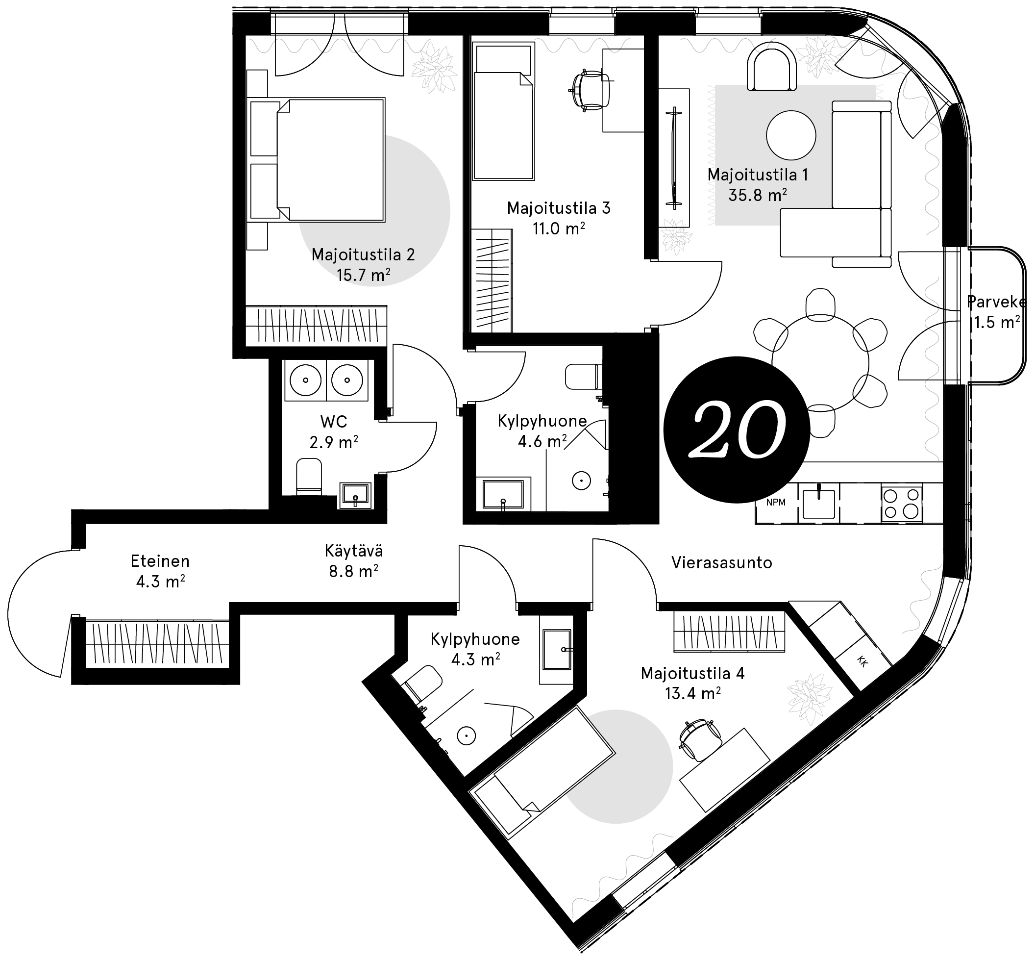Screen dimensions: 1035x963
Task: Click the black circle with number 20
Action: pyautogui.click(x=736, y=430)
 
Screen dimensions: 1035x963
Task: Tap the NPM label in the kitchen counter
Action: pyautogui.click(x=776, y=503)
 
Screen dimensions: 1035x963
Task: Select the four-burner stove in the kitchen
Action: pyautogui.click(x=902, y=504)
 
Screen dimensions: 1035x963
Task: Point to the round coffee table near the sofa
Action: pyautogui.click(x=791, y=135)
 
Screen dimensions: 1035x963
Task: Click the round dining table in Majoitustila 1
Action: pyautogui.click(x=820, y=363)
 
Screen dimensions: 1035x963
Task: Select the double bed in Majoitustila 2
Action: pyautogui.click(x=318, y=160)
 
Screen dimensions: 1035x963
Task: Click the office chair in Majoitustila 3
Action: pyautogui.click(x=591, y=91)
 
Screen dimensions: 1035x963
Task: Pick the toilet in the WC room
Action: pyautogui.click(x=309, y=476)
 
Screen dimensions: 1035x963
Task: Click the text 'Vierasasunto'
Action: pyautogui.click(x=721, y=562)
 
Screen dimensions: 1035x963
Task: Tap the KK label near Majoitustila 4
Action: pyautogui.click(x=862, y=662)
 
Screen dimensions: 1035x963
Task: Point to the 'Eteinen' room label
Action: pyautogui.click(x=160, y=561)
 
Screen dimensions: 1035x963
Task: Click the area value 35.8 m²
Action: pyautogui.click(x=758, y=195)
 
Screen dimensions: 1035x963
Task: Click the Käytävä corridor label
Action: pyautogui.click(x=353, y=551)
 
